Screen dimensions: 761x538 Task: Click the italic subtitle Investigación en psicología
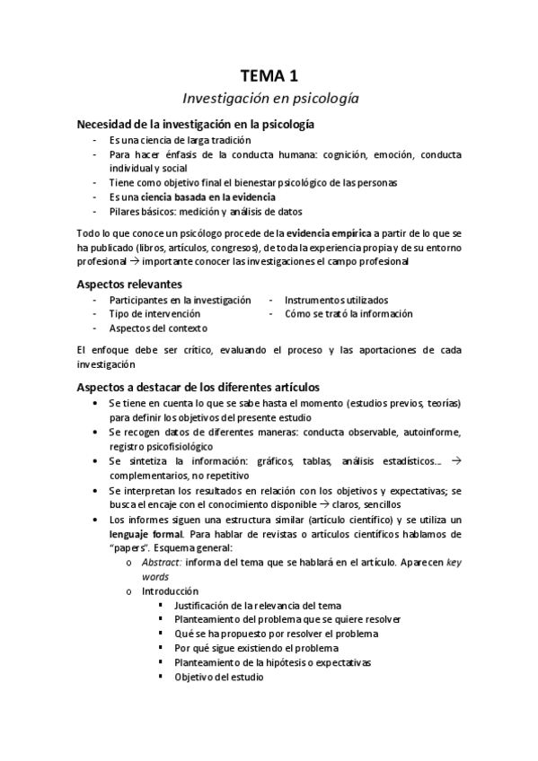[x=269, y=99]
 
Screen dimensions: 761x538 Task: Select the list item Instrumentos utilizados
[x=337, y=300]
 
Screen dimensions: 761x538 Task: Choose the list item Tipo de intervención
[x=155, y=314]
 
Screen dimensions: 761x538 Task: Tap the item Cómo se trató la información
[x=348, y=314]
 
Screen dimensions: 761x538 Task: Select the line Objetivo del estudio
[x=219, y=678]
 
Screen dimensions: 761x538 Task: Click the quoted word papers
[x=130, y=548]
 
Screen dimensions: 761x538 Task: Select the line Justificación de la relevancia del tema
[x=258, y=606]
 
